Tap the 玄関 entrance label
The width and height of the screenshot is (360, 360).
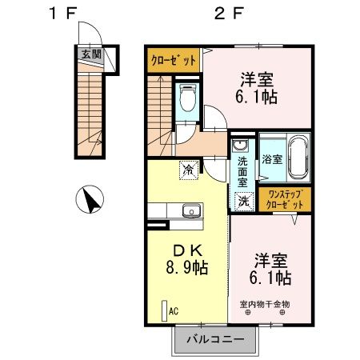[90, 54]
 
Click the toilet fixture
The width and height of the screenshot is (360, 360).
[189, 100]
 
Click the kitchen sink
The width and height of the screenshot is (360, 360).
[191, 211]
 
